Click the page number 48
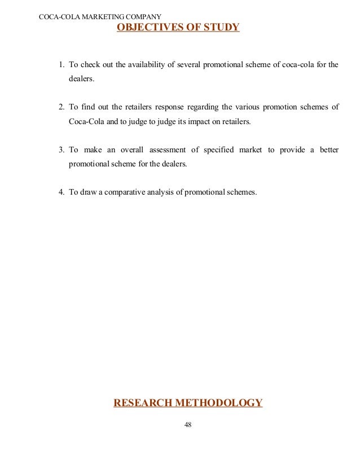point(188,425)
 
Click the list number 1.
point(62,64)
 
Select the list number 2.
point(62,107)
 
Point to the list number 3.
point(62,150)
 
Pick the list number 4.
point(62,192)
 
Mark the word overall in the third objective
point(129,150)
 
